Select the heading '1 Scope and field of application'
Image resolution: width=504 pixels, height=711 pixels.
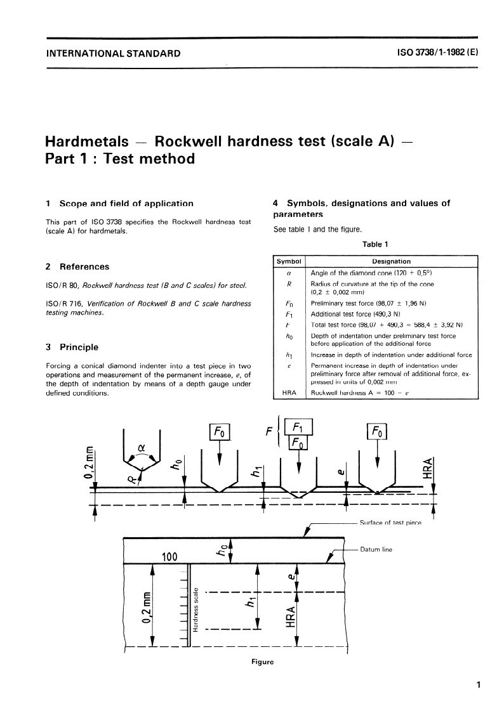coord(120,204)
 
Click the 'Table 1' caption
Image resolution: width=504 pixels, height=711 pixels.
coord(375,244)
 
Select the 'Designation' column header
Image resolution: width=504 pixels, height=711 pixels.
coord(391,261)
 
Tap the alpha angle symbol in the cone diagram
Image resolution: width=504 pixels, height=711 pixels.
coord(141,447)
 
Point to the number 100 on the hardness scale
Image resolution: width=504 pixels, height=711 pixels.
coord(169,558)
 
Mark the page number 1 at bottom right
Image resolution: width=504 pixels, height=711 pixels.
coord(477,685)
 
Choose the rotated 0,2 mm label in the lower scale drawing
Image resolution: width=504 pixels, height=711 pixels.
coord(147,606)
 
